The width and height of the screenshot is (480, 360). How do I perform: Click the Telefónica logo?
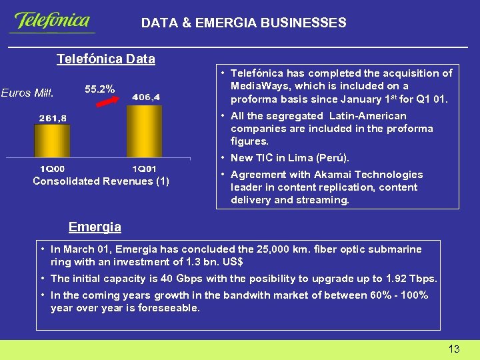click(x=51, y=22)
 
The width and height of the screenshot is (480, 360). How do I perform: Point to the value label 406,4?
click(x=146, y=97)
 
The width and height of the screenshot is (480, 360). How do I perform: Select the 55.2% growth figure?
click(x=100, y=88)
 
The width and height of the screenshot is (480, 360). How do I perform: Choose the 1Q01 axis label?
click(x=145, y=169)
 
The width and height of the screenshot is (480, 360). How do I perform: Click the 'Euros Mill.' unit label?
click(x=27, y=93)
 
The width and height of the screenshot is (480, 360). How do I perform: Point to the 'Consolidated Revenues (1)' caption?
click(x=101, y=181)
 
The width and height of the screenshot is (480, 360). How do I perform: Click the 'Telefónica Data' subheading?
click(x=105, y=59)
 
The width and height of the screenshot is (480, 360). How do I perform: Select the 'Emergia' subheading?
click(x=95, y=227)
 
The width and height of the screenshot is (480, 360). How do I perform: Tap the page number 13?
click(x=454, y=349)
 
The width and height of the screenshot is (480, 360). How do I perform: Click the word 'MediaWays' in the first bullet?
click(x=256, y=86)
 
